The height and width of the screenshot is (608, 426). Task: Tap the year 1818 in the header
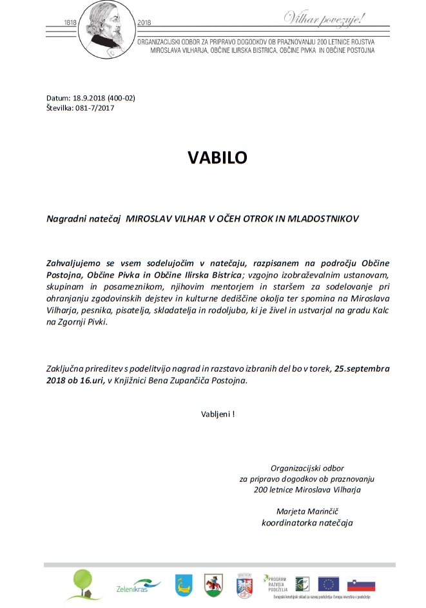(x=72, y=22)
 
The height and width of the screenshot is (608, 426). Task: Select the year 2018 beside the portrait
(x=144, y=22)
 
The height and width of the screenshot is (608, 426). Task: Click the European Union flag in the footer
(x=329, y=584)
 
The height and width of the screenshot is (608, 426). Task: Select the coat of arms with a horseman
(x=213, y=585)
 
